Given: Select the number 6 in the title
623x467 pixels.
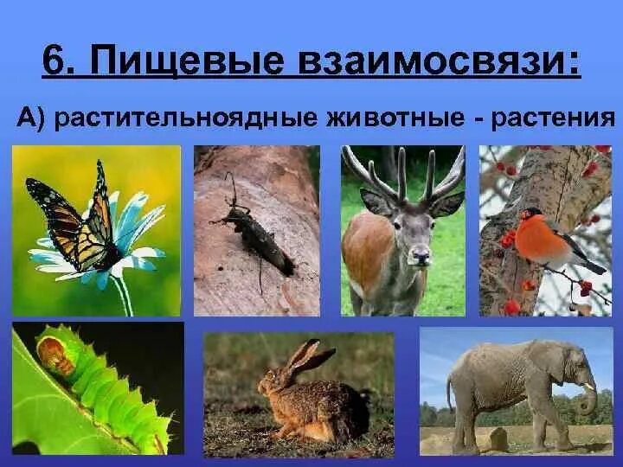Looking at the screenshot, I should point(59,63).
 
